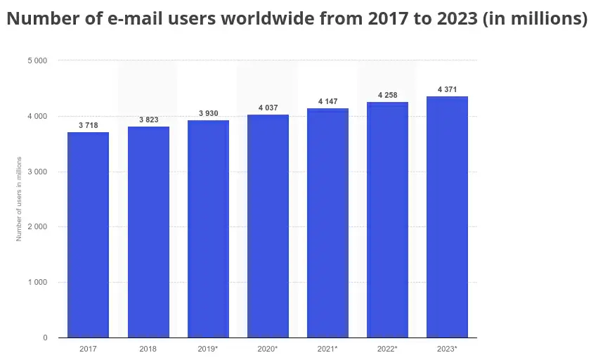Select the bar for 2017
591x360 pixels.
pos(89,235)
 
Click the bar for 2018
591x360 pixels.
pos(148,232)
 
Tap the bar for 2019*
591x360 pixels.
pos(208,229)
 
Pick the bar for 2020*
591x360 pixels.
pos(268,226)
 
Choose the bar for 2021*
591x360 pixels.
pos(327,223)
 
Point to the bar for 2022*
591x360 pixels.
pos(387,220)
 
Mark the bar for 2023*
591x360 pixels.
pos(447,217)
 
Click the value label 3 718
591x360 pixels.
pos(89,125)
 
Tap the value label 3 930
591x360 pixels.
pos(208,113)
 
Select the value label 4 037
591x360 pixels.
pos(268,108)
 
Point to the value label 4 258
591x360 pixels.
pos(387,95)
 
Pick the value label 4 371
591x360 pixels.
pos(447,89)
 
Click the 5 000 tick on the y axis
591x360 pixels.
pos(37,60)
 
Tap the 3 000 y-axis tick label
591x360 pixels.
pos(37,172)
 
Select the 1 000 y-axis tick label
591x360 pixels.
pos(37,282)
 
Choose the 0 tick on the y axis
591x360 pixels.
pos(45,337)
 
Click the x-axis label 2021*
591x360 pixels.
pos(327,349)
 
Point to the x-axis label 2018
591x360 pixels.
pos(148,349)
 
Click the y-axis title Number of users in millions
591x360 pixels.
pos(19,199)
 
